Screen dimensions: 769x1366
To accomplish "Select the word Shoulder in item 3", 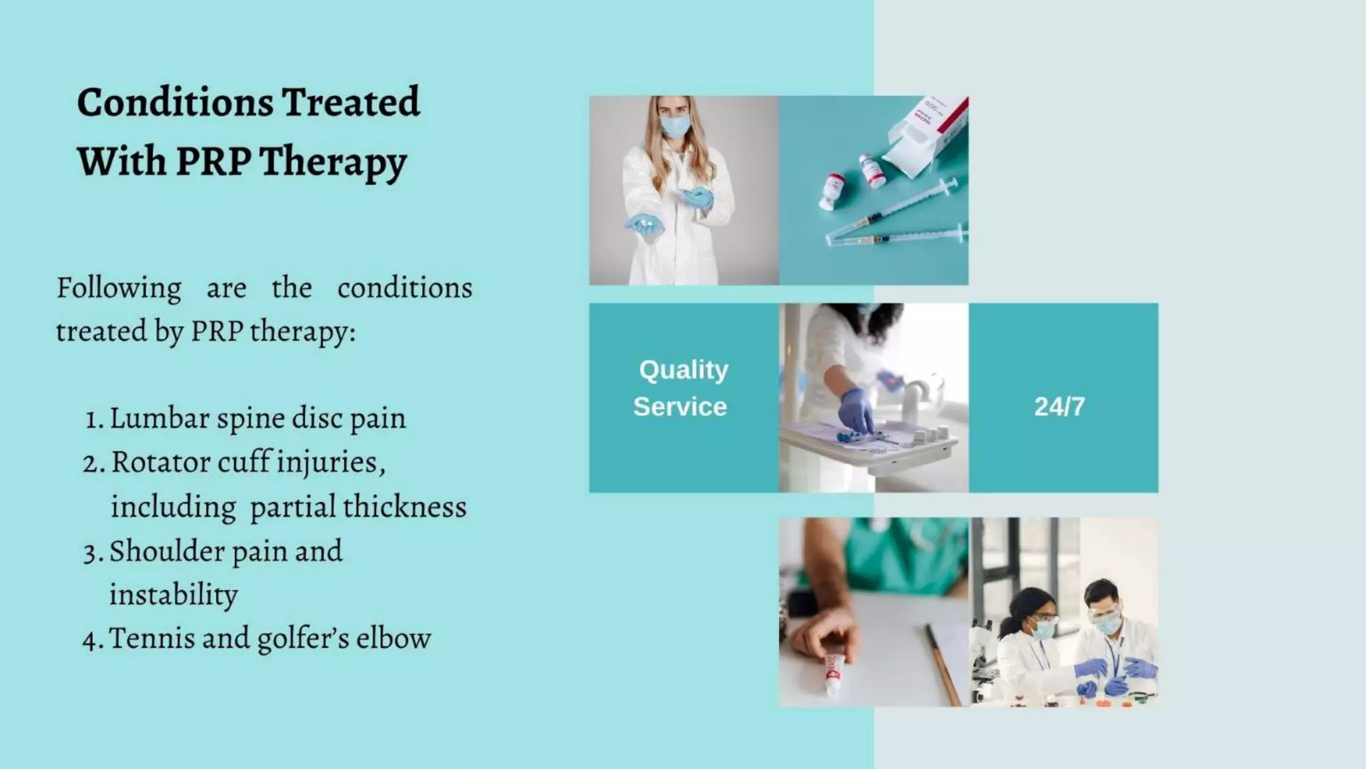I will click(167, 551).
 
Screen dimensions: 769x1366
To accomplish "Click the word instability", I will click(173, 595).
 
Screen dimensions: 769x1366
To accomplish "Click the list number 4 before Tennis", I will click(91, 639).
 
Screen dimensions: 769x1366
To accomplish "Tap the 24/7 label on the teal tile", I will click(1059, 407).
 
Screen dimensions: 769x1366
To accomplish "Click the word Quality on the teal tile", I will click(684, 369).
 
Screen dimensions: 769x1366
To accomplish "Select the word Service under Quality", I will click(680, 407).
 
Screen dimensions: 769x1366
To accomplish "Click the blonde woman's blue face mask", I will click(674, 126).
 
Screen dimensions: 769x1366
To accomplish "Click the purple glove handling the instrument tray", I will click(856, 409).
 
